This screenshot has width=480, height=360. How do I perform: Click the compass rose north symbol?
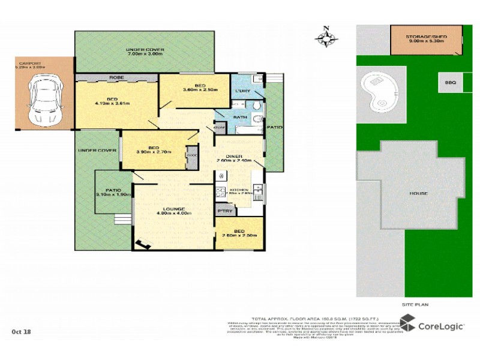326,37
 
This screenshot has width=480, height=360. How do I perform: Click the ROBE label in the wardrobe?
116,77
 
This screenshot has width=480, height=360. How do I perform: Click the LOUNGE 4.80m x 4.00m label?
174,211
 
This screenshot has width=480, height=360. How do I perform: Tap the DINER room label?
233,157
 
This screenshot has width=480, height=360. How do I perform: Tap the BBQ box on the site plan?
450,83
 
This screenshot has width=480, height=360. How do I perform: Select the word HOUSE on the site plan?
419,193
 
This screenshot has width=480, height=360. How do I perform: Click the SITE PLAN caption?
415,305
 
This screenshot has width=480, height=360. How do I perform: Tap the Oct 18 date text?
22,331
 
